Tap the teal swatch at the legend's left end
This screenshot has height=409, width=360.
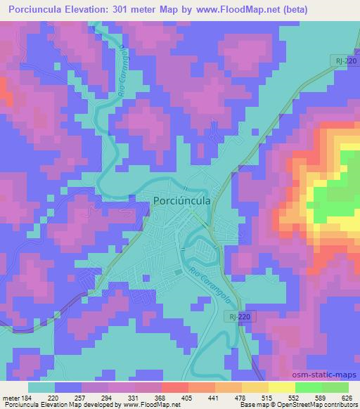pos(41,387)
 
